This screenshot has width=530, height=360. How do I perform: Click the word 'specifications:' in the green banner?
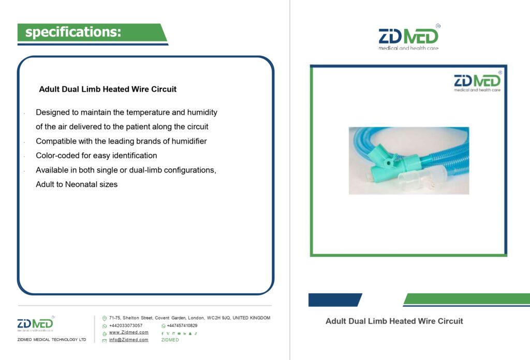click(x=73, y=32)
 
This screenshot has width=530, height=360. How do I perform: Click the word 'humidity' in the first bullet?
click(x=202, y=112)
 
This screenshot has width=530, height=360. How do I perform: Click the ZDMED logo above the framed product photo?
click(x=409, y=37)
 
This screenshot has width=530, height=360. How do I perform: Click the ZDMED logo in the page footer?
click(x=36, y=324)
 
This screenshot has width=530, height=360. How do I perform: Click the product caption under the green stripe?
click(x=394, y=321)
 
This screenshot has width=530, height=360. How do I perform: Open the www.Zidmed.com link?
click(x=128, y=333)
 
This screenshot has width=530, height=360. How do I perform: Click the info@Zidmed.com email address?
click(x=128, y=340)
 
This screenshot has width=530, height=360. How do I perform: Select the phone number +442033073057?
click(x=126, y=325)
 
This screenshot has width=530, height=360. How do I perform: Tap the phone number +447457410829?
click(x=182, y=325)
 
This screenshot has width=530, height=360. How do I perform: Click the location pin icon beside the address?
click(x=105, y=319)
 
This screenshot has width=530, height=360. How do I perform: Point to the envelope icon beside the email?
click(x=105, y=340)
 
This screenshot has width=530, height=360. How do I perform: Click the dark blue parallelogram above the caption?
click(x=335, y=300)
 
